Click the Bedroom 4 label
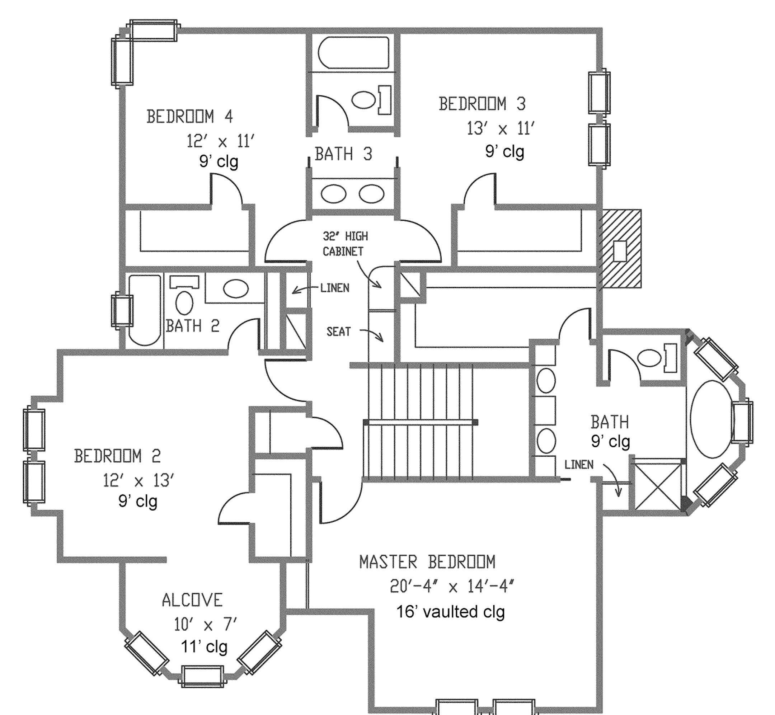coord(189,117)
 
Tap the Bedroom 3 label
coord(482,104)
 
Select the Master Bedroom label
coord(427,562)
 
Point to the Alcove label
coord(192,600)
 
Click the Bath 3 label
coord(343,154)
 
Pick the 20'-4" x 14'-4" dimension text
coord(452,587)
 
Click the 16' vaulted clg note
coord(450,612)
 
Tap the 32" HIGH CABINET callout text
coord(345,244)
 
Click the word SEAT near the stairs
coord(339,331)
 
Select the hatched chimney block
coord(620,249)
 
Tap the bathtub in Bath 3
coord(353,53)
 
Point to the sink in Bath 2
coord(236,289)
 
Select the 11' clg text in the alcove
coord(204,647)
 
